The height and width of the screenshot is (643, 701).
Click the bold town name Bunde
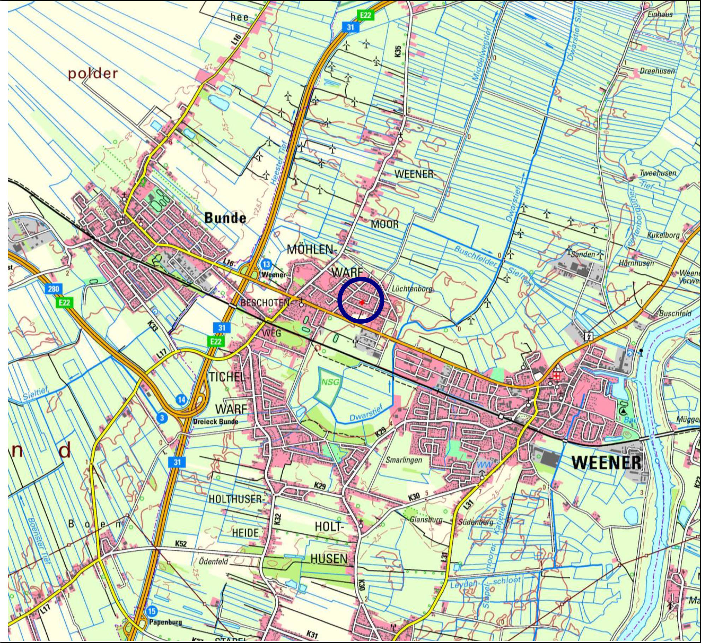(x=225, y=218)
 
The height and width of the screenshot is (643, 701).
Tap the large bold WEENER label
(x=606, y=462)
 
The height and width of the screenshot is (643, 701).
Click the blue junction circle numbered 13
(x=266, y=264)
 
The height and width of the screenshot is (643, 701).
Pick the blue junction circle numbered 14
(x=181, y=400)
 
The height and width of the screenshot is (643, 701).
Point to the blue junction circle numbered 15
(x=152, y=611)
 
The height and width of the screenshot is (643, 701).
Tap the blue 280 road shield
(x=53, y=289)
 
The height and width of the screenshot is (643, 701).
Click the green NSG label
(x=330, y=382)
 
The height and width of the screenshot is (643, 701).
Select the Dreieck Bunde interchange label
(x=216, y=422)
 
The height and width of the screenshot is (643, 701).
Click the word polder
(x=93, y=74)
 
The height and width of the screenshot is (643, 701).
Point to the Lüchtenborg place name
(x=412, y=289)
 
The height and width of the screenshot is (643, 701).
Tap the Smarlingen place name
(x=404, y=460)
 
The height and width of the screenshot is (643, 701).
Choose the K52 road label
(x=181, y=544)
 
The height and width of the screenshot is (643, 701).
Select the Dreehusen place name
(x=657, y=71)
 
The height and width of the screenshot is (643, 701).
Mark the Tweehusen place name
(x=658, y=173)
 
